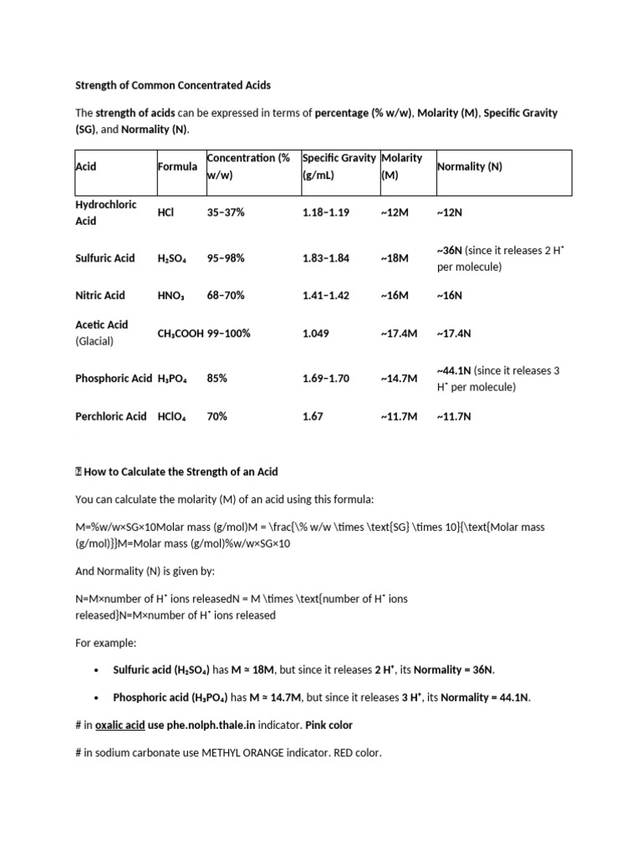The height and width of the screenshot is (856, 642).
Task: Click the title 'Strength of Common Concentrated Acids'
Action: (174, 85)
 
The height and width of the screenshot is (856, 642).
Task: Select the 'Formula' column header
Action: (177, 166)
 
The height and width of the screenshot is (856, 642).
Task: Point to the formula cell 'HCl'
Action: (166, 212)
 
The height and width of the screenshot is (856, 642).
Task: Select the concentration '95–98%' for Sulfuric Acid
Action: (226, 258)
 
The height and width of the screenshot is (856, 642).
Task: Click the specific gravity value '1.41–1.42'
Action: (326, 295)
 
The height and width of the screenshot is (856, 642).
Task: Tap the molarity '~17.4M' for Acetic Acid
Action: (398, 333)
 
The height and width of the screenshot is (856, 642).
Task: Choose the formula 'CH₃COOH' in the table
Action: (181, 333)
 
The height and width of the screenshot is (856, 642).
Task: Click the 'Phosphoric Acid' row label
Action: (114, 379)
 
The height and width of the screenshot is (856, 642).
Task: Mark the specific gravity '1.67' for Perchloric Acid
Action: (313, 415)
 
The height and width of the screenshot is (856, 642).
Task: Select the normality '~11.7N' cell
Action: (454, 415)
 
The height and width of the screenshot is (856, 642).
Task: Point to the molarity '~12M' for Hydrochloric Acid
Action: (394, 212)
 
